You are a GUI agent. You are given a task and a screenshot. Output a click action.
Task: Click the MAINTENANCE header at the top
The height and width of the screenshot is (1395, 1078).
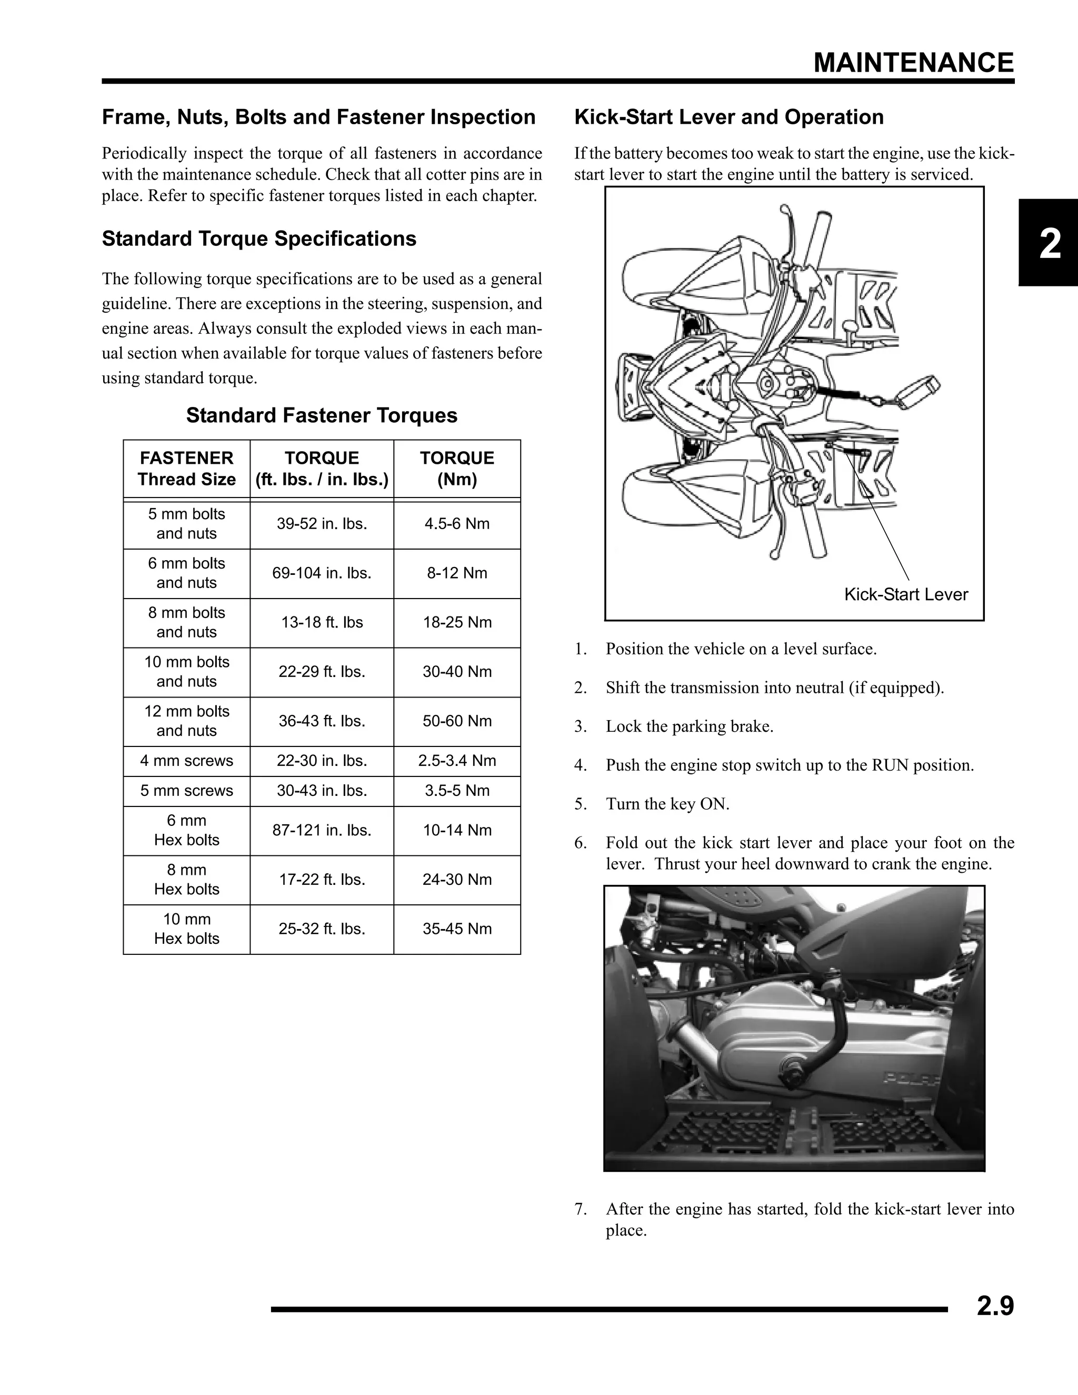[x=913, y=63]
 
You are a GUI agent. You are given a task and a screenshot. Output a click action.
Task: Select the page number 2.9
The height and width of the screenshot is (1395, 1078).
[x=995, y=1306]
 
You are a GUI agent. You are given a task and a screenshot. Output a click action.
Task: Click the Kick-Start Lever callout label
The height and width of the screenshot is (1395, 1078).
[x=905, y=595]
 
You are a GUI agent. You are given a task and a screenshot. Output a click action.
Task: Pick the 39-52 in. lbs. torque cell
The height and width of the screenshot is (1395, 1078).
[x=322, y=524]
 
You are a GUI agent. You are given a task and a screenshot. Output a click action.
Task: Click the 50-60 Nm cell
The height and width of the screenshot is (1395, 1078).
[x=457, y=721]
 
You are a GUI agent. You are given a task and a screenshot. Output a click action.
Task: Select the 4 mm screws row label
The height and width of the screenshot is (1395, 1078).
[x=186, y=761]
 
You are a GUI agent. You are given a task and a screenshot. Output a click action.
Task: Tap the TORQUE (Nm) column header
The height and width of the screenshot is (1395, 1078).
[x=457, y=468]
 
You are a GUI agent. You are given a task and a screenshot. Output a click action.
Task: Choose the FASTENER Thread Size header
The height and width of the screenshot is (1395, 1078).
[x=186, y=468]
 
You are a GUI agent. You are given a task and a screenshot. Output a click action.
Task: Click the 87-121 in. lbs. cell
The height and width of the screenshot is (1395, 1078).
[x=322, y=830]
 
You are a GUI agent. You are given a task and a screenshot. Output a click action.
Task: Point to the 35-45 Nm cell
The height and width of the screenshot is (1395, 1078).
[x=457, y=929]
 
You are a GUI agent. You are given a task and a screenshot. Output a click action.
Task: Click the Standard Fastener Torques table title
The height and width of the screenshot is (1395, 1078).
[x=322, y=416]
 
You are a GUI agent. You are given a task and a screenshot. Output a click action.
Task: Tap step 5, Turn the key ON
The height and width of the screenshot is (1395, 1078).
[x=667, y=803]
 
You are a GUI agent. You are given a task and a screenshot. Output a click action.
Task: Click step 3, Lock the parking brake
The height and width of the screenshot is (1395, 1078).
[x=689, y=726]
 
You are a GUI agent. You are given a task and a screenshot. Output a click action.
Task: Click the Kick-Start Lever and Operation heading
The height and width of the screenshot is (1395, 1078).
[x=728, y=117]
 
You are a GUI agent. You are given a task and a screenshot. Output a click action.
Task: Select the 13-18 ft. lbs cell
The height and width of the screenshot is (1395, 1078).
[x=322, y=622]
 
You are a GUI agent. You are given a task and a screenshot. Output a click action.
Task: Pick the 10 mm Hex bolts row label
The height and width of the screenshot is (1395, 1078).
[x=186, y=929]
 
